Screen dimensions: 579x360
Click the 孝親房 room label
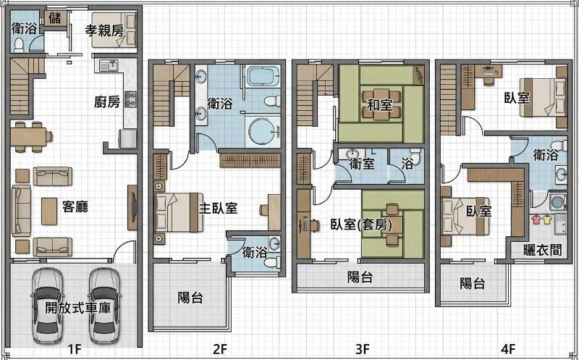tap(104, 30)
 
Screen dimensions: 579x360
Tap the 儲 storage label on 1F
tap(55, 17)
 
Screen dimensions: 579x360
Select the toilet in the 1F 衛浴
tap(19, 46)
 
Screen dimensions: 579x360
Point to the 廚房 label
tap(107, 101)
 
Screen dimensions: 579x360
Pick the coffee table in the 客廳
tap(49, 211)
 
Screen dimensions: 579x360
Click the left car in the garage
tap(47, 305)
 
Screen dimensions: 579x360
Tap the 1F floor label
tap(75, 348)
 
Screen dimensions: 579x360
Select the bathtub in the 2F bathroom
tap(263, 76)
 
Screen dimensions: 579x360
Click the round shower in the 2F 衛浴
tap(263, 132)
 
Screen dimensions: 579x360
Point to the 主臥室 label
tap(218, 209)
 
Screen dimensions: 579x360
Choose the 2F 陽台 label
tap(190, 297)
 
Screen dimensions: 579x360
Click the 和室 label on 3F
tap(379, 104)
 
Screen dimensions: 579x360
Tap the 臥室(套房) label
tap(360, 224)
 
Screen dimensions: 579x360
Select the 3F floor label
tap(363, 348)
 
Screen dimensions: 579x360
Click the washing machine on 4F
tap(557, 202)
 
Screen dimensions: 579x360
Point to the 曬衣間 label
tap(542, 250)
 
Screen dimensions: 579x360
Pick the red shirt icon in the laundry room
tap(536, 219)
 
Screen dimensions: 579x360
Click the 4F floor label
tap(508, 348)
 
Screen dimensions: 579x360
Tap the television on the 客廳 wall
tap(132, 207)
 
